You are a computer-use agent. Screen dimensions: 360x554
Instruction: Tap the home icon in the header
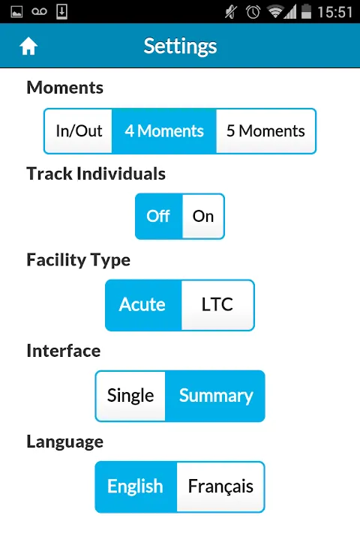click(x=28, y=46)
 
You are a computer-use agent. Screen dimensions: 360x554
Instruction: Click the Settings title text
click(x=180, y=46)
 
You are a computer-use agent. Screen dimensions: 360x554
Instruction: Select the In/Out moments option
click(x=78, y=131)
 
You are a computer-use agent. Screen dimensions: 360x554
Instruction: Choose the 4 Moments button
click(x=164, y=131)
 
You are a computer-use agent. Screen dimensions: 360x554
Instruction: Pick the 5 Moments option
click(x=266, y=131)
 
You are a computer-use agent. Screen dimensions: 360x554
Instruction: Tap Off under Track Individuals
click(x=159, y=216)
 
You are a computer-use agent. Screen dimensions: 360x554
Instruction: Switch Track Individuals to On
click(x=203, y=216)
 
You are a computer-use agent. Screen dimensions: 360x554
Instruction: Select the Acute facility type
click(x=143, y=305)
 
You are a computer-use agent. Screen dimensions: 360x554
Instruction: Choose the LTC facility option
click(x=217, y=305)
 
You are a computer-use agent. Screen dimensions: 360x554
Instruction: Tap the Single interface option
click(x=130, y=396)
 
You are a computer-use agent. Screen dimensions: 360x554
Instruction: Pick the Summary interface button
click(x=215, y=396)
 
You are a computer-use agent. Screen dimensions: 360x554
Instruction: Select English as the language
click(x=136, y=487)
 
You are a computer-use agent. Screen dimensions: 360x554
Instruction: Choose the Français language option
click(x=220, y=487)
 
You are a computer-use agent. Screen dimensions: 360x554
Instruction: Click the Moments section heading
click(x=65, y=87)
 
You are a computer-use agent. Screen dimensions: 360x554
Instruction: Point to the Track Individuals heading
click(x=96, y=173)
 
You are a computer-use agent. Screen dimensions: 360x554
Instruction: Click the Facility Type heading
click(x=79, y=260)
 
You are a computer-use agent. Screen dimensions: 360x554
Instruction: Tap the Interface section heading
click(x=64, y=351)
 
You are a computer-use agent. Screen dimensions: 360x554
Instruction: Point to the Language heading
click(x=65, y=442)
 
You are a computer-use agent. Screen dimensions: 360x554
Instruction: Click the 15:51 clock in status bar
click(x=335, y=12)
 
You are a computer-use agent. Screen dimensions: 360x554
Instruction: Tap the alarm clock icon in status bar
click(x=253, y=12)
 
